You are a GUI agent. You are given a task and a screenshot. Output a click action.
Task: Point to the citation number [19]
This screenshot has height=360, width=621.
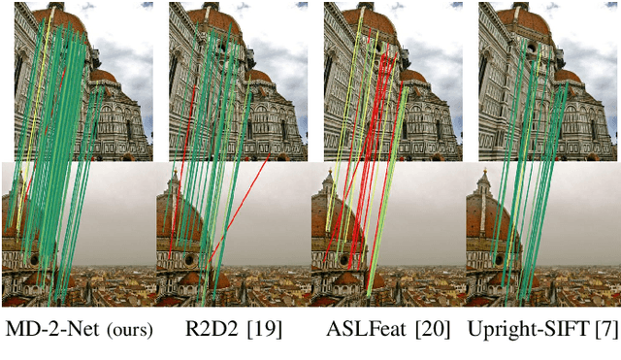point(262,330)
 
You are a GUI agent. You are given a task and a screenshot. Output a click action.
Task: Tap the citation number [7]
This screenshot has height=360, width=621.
point(606,330)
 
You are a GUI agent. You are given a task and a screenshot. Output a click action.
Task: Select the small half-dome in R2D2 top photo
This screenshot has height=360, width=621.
point(258,76)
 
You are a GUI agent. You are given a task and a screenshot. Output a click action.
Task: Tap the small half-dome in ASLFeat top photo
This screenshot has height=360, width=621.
point(413,76)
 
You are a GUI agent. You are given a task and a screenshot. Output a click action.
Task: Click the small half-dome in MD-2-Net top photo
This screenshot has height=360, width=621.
point(103,76)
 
